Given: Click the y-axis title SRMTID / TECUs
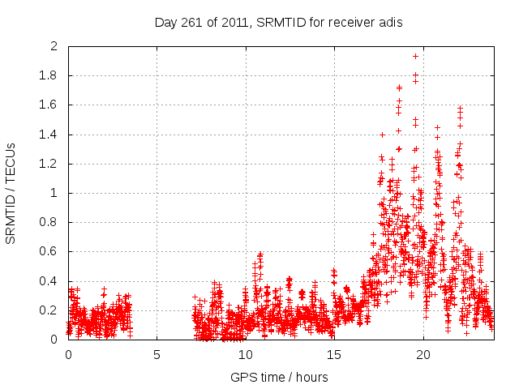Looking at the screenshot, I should pyautogui.click(x=11, y=193).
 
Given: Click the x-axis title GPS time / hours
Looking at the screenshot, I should pyautogui.click(x=280, y=377).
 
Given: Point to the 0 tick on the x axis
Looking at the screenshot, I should pyautogui.click(x=68, y=354).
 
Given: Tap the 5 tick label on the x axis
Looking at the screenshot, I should pyautogui.click(x=157, y=354).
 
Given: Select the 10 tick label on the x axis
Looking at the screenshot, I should pyautogui.click(x=245, y=354).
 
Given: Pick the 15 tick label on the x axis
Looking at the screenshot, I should pyautogui.click(x=333, y=354).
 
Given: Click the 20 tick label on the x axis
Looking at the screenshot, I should pyautogui.click(x=422, y=354).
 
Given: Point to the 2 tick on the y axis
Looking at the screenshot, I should pyautogui.click(x=54, y=46).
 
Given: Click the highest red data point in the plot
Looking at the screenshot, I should pyautogui.click(x=415, y=56).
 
